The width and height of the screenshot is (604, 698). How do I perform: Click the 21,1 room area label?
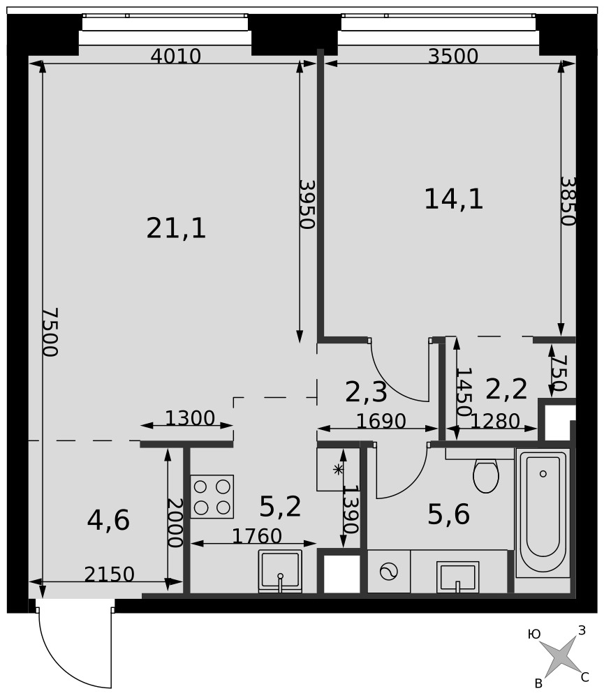177,228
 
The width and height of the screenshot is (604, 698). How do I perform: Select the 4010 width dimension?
176,56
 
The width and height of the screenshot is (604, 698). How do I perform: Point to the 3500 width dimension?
453,56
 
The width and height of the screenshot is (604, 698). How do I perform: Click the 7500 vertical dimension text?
50,332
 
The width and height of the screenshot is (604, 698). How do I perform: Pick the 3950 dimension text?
307,205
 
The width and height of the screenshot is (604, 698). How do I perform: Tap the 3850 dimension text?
568,201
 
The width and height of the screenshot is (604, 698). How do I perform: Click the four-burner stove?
212,496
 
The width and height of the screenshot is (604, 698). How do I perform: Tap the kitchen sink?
280,571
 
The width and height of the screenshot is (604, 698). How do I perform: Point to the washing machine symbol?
388,572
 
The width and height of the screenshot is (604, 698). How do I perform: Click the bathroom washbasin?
457,577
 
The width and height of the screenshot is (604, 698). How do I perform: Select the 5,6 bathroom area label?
448,514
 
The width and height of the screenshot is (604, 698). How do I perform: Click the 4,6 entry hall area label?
108,520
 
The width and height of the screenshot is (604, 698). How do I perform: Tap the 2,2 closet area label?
506,389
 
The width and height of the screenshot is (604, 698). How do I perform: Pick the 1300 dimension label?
190,418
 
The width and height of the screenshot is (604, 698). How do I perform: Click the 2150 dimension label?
109,574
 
